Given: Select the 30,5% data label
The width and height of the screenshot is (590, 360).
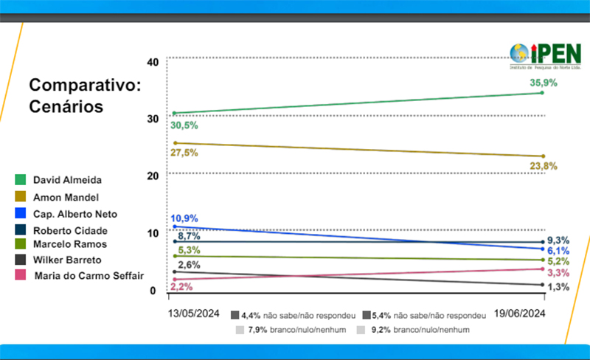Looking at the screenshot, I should pos(184,125).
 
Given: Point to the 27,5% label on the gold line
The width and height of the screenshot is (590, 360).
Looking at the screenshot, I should pos(184,153).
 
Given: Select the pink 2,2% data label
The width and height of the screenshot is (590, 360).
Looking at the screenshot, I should pos(182,285).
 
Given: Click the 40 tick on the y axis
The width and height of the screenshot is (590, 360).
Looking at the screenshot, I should pos(153,61).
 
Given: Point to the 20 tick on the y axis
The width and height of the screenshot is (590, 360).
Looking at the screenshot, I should pos(153,176).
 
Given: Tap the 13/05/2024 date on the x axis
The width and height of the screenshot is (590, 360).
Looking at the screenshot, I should pos(192,313).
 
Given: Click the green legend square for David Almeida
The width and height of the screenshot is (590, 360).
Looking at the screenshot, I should pos(21,179).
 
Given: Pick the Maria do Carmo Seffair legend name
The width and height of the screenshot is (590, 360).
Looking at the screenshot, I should pos(88,275).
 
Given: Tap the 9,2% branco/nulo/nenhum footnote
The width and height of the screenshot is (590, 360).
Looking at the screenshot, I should pos(414,330).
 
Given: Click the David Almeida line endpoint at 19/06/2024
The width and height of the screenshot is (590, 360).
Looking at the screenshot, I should pos(543,92).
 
